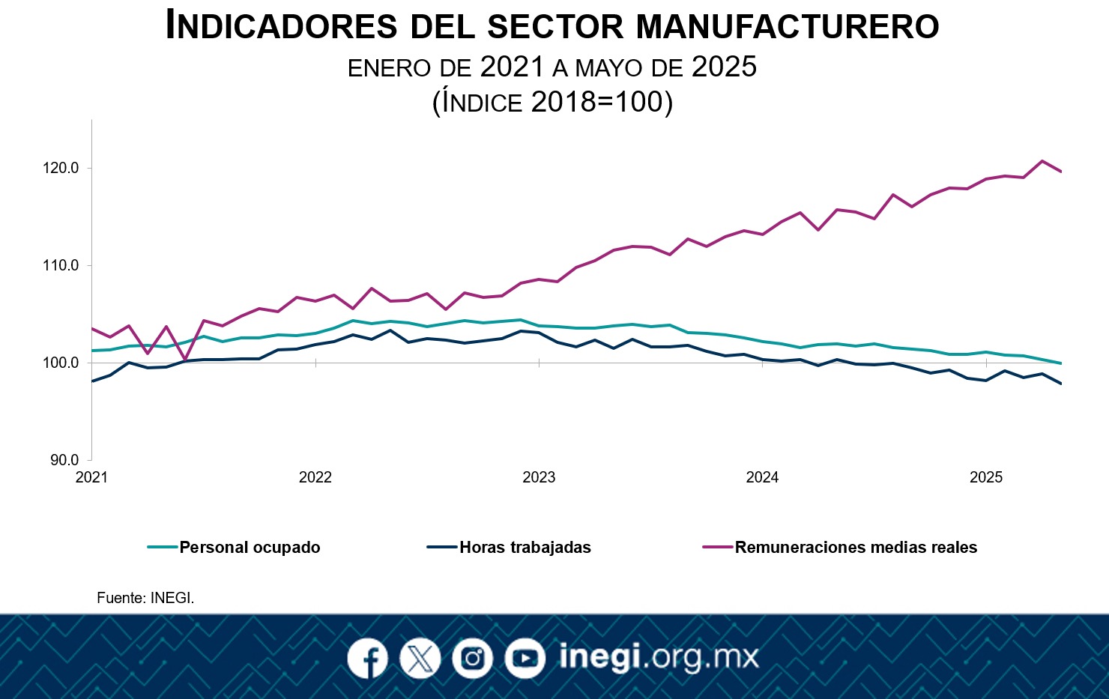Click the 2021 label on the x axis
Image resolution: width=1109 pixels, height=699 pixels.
click(91, 477)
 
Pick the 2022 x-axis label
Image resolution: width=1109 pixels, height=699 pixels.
click(315, 477)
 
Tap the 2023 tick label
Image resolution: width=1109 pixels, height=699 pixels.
click(539, 477)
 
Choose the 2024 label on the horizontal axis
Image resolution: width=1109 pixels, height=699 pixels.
click(762, 477)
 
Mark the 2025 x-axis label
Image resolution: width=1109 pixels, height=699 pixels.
click(985, 477)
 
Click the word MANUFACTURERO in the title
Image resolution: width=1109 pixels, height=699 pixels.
click(787, 26)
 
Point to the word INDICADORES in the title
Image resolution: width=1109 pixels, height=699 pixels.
click(281, 26)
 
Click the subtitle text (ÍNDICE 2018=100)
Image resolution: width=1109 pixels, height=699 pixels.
click(552, 102)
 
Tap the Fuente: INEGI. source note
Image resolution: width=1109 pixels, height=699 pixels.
click(145, 598)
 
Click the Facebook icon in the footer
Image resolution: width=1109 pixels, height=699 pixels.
click(367, 659)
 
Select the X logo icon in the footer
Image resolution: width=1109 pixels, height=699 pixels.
click(420, 659)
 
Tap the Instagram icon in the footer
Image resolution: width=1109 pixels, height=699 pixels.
click(472, 659)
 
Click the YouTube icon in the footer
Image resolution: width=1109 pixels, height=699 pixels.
click(525, 659)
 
